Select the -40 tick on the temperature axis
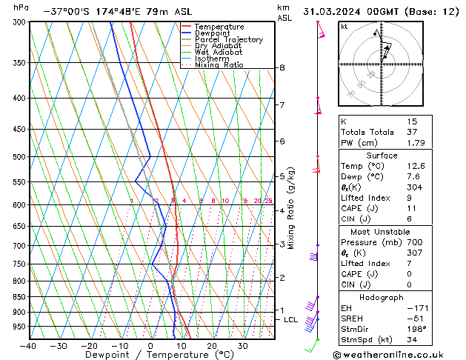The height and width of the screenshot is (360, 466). tap(28, 346)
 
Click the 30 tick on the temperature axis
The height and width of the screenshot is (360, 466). tap(242, 346)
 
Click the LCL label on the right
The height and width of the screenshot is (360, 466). tap(290, 319)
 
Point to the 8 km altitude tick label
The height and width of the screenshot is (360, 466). tap(282, 67)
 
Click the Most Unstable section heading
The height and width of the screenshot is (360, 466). tap(382, 232)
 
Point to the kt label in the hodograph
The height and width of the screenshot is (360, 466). tap(344, 27)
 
